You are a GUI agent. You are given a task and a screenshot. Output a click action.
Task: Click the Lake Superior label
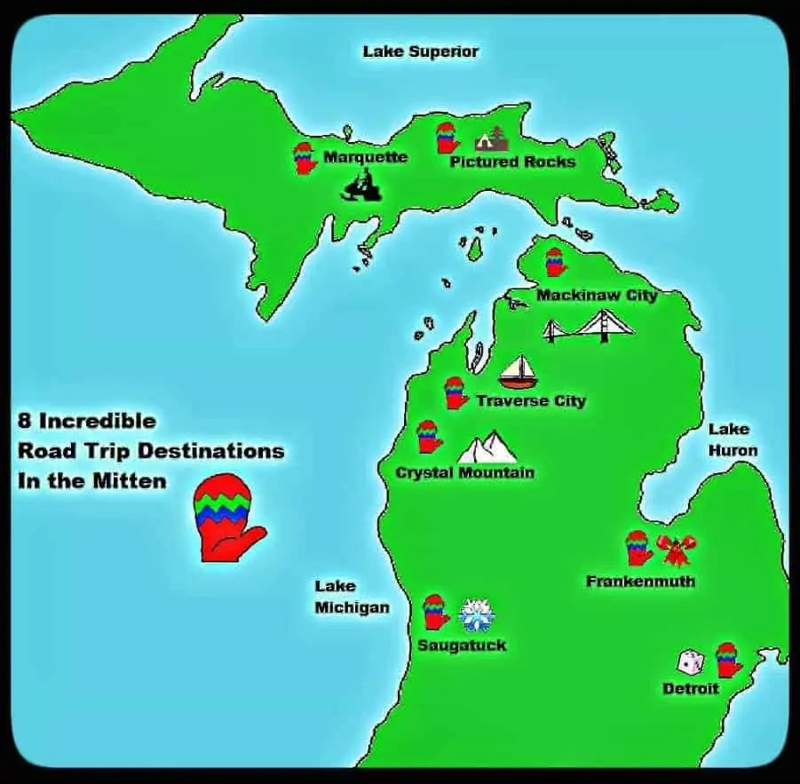point(420,51)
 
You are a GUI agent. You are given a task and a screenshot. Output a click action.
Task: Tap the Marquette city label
point(365,157)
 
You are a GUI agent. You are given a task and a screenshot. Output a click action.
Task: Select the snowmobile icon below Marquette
point(360,187)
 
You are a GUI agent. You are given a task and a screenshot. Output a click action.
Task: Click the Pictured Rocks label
point(512,162)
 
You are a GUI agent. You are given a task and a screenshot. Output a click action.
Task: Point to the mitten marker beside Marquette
point(305,158)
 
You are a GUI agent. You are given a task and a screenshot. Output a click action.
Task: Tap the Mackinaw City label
point(596,295)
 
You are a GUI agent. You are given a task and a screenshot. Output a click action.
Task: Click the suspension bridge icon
point(589,327)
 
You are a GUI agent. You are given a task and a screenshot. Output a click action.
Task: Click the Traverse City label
point(531,401)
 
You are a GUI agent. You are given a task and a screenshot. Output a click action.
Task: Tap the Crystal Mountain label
point(464,472)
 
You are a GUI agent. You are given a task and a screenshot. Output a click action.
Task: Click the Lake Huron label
point(733,440)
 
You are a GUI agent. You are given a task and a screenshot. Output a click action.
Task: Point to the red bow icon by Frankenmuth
point(677,550)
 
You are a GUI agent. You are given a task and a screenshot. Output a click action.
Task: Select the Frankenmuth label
point(640,582)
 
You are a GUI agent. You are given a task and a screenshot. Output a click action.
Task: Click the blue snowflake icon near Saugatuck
point(477,614)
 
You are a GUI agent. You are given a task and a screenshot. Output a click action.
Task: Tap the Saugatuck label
point(462,645)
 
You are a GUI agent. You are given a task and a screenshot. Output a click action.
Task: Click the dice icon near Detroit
point(691,661)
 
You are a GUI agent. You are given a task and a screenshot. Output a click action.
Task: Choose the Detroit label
point(690,689)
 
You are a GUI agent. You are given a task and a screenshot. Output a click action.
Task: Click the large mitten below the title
point(227,519)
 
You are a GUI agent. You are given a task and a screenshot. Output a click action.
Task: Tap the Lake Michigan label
point(352,597)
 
